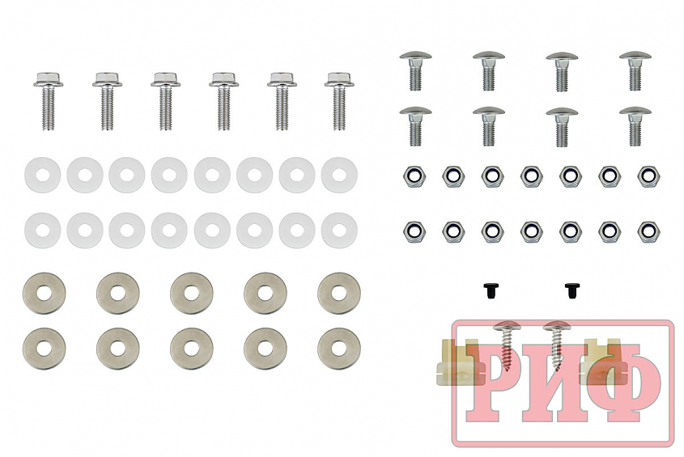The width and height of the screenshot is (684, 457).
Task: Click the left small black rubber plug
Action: point(491,290)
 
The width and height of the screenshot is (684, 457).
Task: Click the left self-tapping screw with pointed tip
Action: point(506,345)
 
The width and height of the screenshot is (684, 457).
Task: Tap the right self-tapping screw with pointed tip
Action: point(557,345)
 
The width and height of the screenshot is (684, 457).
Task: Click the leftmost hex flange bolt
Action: point(48,101)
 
